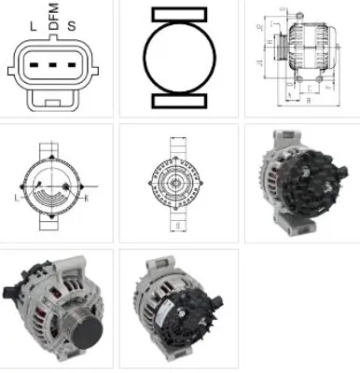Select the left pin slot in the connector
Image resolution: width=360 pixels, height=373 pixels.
(35, 66)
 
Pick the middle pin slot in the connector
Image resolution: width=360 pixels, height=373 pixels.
(54, 66)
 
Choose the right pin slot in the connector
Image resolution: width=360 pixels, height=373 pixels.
(73, 66)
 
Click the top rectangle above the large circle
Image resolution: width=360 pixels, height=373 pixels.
(180, 14)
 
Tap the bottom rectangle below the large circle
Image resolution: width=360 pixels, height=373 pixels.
(180, 100)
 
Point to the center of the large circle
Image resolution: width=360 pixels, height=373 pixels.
(180, 57)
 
